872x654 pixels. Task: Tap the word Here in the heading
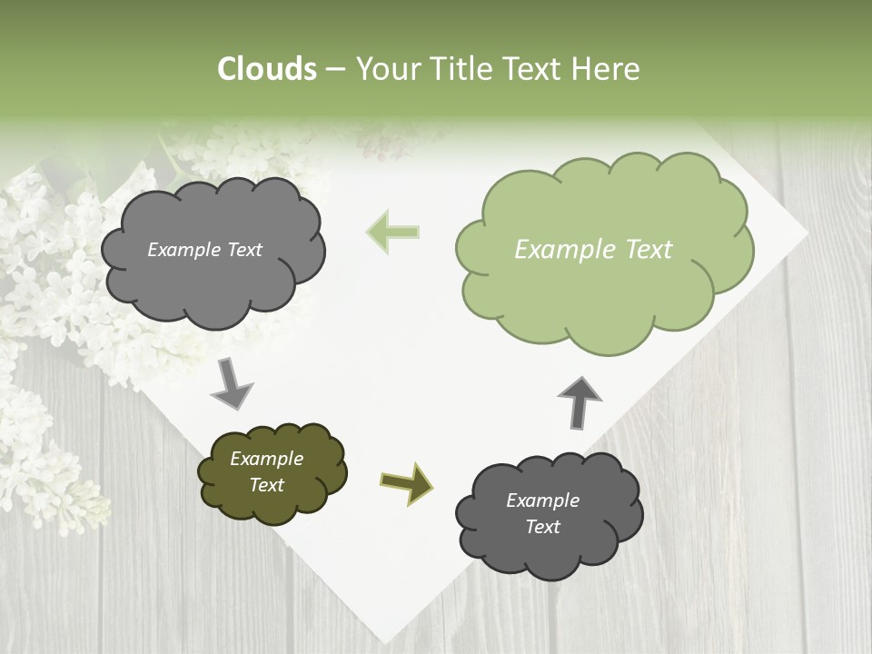tap(606, 69)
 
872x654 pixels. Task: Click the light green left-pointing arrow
tap(392, 232)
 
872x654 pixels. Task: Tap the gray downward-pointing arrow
tap(232, 383)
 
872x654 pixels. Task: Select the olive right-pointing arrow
tap(406, 481)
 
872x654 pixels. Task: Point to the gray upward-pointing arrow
tap(580, 402)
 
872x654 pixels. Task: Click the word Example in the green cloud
tap(561, 250)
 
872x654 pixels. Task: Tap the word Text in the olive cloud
tap(267, 485)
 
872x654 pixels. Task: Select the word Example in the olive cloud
tap(267, 459)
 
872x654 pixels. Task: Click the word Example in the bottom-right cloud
tap(542, 500)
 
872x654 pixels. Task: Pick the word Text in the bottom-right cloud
tap(542, 527)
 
